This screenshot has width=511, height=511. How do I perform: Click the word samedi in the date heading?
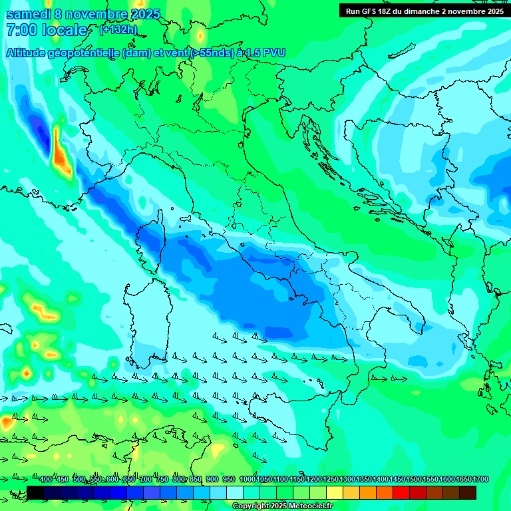click(27, 14)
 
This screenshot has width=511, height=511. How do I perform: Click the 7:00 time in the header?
click(21, 30)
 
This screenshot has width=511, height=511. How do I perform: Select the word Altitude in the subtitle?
click(30, 53)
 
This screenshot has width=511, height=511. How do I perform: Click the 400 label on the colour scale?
click(46, 480)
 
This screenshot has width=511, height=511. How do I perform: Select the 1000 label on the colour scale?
click(247, 480)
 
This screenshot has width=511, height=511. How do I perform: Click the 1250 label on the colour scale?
click(330, 480)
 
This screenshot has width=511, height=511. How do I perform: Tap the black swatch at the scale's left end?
click(35, 492)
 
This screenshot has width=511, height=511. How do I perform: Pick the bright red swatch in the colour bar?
click(401, 492)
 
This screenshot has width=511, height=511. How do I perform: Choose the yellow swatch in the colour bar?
click(335, 492)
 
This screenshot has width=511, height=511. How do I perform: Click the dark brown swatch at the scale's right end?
click(468, 492)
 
